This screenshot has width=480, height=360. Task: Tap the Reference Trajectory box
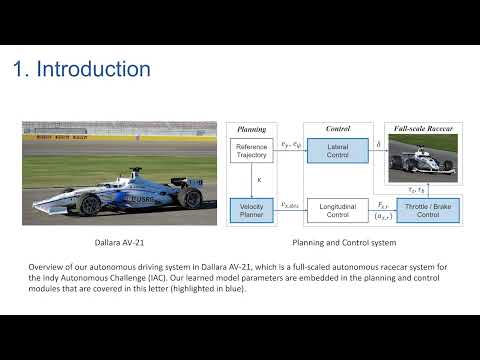251,151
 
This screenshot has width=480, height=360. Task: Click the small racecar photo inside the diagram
422,156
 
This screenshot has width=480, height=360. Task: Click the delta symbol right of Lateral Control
377,145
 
